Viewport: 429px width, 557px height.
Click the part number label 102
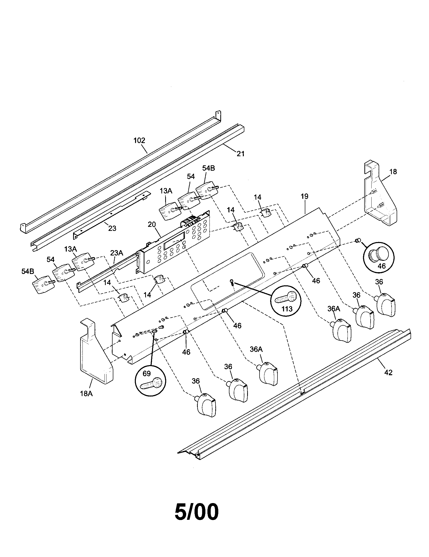pos(139,141)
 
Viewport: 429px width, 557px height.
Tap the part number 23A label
pos(116,253)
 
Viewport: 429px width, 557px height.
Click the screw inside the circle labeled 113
pos(285,297)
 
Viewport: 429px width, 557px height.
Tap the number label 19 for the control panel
pos(304,196)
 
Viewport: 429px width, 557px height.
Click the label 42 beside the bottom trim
pos(388,373)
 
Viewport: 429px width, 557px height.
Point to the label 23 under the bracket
pos(112,228)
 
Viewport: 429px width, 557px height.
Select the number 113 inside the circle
pos(287,309)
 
